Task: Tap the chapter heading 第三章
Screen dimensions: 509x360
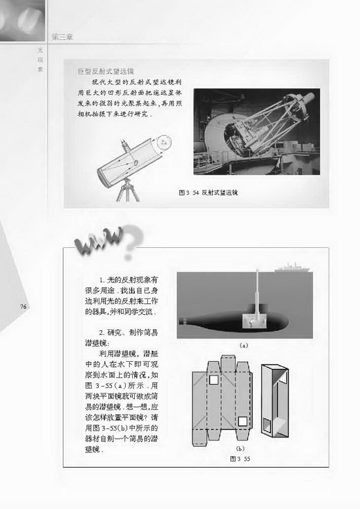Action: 62,37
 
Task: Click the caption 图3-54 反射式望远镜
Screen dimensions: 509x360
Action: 209,194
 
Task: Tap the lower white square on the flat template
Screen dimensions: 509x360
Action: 242,421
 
